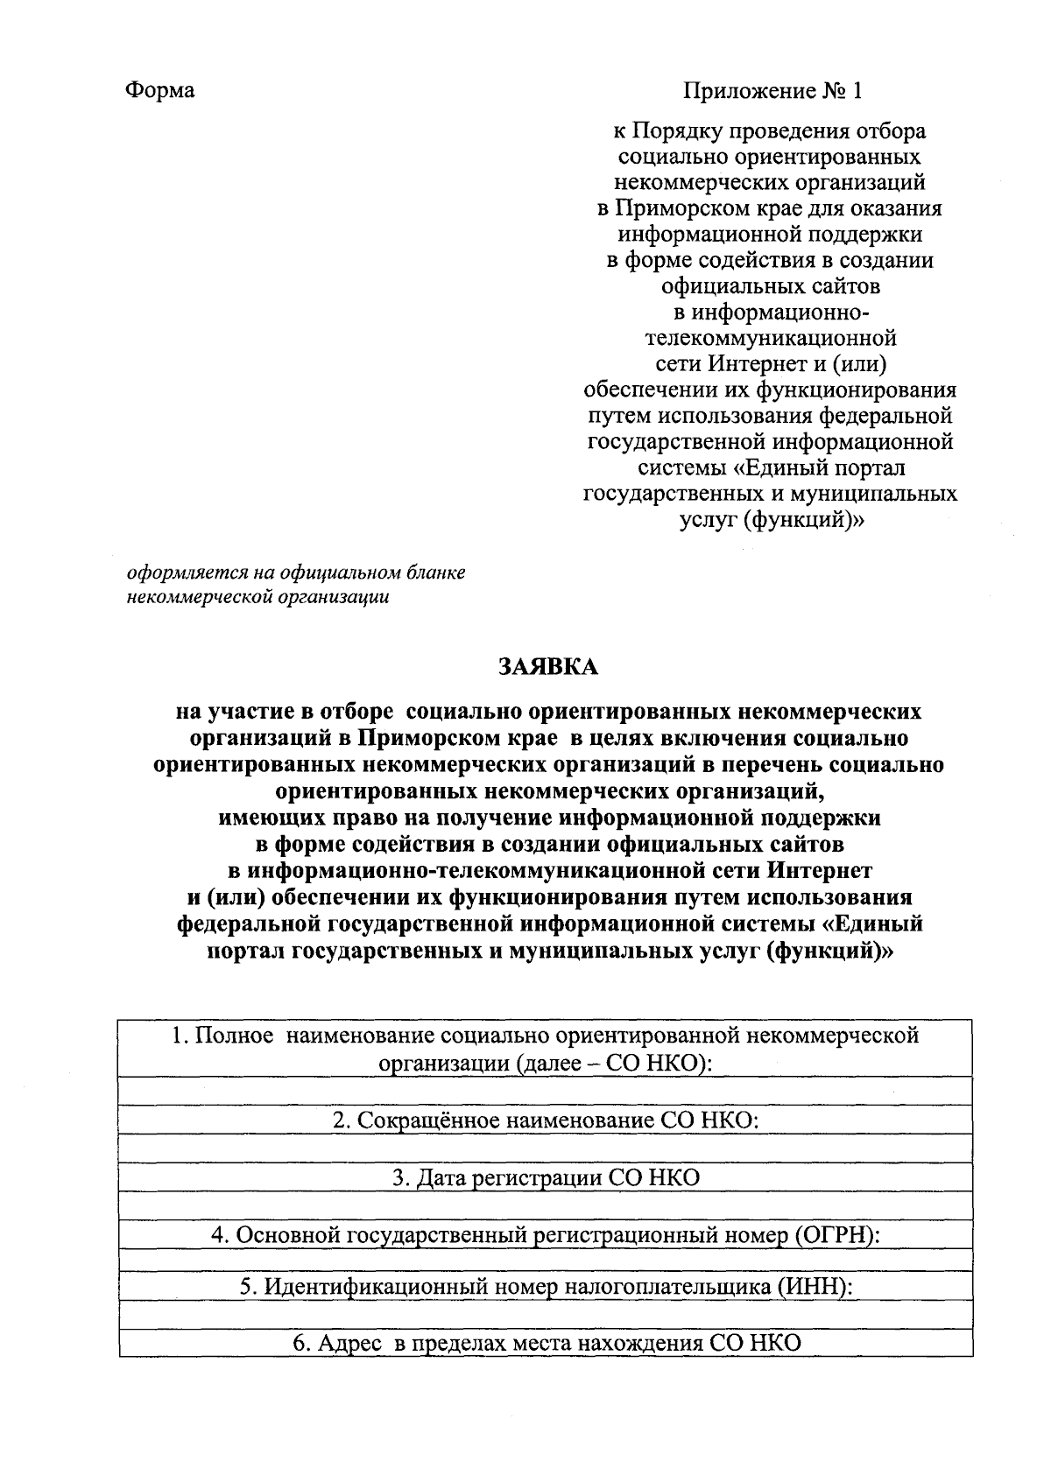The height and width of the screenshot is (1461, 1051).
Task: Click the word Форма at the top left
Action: tap(160, 91)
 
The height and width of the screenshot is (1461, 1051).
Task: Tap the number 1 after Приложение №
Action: tap(857, 91)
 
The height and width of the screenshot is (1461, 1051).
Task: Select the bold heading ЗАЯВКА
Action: tap(547, 667)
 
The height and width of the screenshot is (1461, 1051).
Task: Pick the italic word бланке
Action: tap(436, 573)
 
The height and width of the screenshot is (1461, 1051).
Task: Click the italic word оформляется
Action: tap(183, 573)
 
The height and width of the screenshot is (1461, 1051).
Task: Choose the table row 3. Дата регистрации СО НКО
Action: tap(546, 1177)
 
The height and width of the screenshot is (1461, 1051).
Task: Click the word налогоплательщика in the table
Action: tap(670, 1288)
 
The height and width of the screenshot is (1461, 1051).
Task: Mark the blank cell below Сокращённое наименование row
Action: tap(546, 1148)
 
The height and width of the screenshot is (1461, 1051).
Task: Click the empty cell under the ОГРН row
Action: tap(546, 1260)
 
